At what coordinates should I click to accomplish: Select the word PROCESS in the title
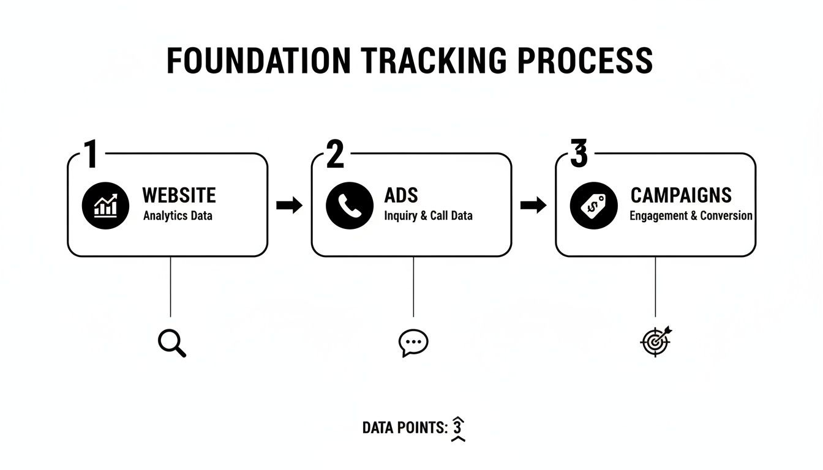pyautogui.click(x=585, y=60)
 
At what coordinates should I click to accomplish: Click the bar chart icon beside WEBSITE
pyautogui.click(x=105, y=205)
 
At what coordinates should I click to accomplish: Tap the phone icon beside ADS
pyautogui.click(x=350, y=205)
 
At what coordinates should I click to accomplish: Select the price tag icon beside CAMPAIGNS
pyautogui.click(x=593, y=205)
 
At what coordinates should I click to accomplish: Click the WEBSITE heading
pyautogui.click(x=179, y=195)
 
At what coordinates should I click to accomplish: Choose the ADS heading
pyautogui.click(x=401, y=195)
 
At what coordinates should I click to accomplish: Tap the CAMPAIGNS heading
pyautogui.click(x=681, y=195)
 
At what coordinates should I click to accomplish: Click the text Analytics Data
pyautogui.click(x=178, y=216)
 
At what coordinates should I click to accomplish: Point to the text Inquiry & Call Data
pyautogui.click(x=428, y=216)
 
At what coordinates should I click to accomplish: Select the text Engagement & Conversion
pyautogui.click(x=691, y=216)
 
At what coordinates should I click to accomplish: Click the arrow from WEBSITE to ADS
pyautogui.click(x=290, y=206)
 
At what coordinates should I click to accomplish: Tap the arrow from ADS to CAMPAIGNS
pyautogui.click(x=533, y=206)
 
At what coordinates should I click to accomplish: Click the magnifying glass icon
pyautogui.click(x=171, y=343)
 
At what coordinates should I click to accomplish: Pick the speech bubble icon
pyautogui.click(x=413, y=343)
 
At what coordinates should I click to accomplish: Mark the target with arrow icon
pyautogui.click(x=656, y=341)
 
